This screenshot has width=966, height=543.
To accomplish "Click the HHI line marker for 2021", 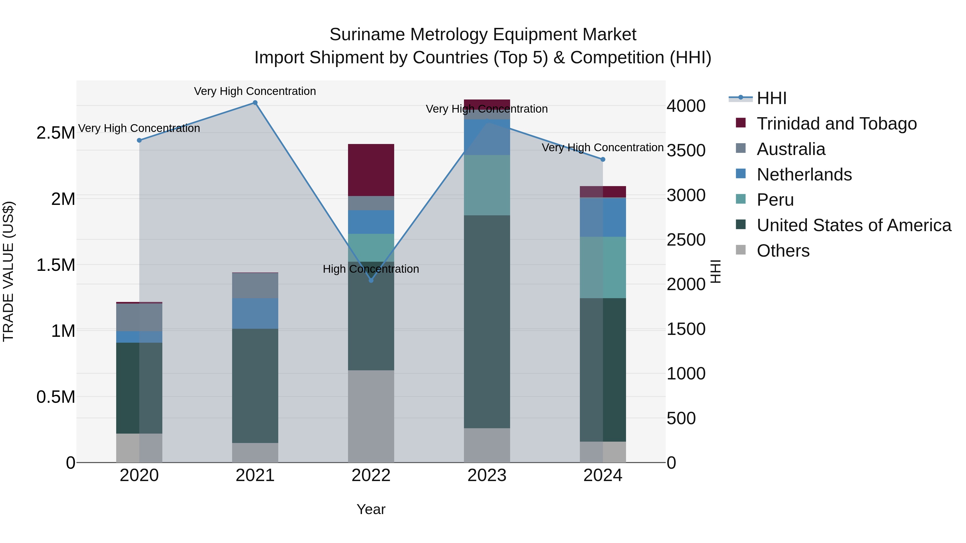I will (x=255, y=103).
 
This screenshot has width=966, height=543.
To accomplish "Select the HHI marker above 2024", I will (x=603, y=159).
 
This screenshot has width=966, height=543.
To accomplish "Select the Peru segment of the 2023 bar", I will (x=487, y=185).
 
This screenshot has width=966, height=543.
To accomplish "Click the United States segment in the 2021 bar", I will (x=255, y=386).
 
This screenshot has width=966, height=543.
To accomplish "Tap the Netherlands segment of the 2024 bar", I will (x=603, y=217).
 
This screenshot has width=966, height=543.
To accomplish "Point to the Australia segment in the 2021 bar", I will (x=255, y=286).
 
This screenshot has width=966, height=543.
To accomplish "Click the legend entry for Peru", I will (x=775, y=200).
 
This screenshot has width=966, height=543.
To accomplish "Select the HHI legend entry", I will (x=771, y=98).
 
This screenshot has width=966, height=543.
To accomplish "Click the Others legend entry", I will (x=783, y=251).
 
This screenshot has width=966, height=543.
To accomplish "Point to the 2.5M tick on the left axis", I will (x=56, y=133).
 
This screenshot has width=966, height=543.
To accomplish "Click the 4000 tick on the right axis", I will (x=686, y=106).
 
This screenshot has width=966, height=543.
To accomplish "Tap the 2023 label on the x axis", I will (x=487, y=475).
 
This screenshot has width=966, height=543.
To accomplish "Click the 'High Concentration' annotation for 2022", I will (x=371, y=269).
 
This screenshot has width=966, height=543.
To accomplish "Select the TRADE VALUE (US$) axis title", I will (x=8, y=271).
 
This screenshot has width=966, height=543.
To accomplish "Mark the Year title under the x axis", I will (x=371, y=509).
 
